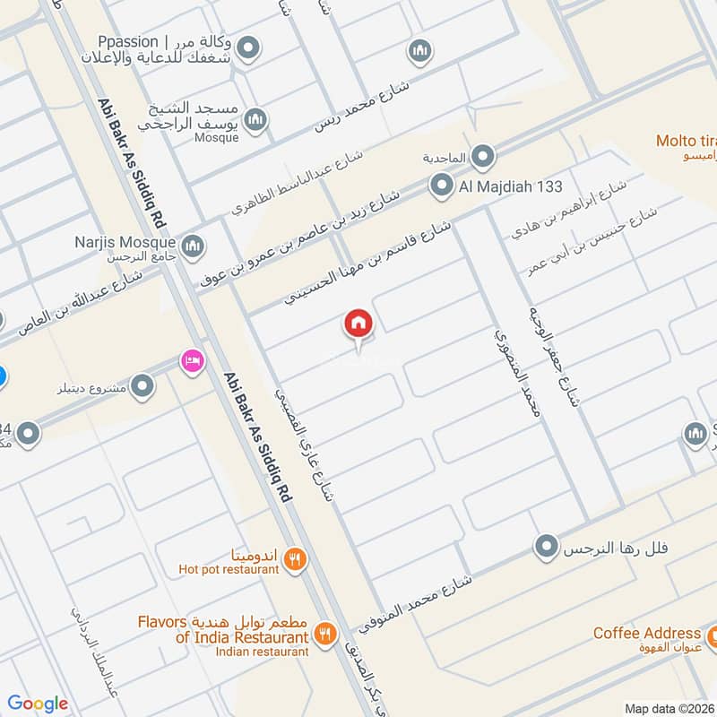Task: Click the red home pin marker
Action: pyautogui.click(x=358, y=324)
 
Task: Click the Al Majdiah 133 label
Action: pyautogui.click(x=511, y=186)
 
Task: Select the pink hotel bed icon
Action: pyautogui.click(x=192, y=361)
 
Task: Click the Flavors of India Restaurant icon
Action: pyautogui.click(x=325, y=635)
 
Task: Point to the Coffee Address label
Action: pyautogui.click(x=646, y=634)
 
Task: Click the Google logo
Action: pyautogui.click(x=38, y=704)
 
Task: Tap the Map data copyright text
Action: pyautogui.click(x=669, y=708)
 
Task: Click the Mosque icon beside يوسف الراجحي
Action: pyautogui.click(x=256, y=118)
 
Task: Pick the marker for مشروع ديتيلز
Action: pyautogui.click(x=142, y=387)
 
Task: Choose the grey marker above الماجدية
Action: pyautogui.click(x=483, y=158)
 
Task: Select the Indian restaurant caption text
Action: pyautogui.click(x=262, y=652)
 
